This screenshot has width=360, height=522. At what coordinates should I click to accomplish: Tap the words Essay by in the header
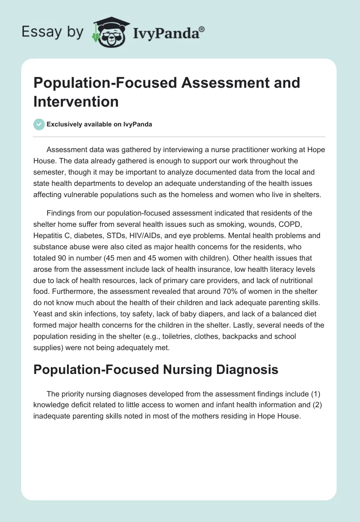(x=53, y=32)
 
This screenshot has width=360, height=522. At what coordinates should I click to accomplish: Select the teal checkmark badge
(x=39, y=124)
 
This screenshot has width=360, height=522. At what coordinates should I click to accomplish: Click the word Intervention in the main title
(x=76, y=101)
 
